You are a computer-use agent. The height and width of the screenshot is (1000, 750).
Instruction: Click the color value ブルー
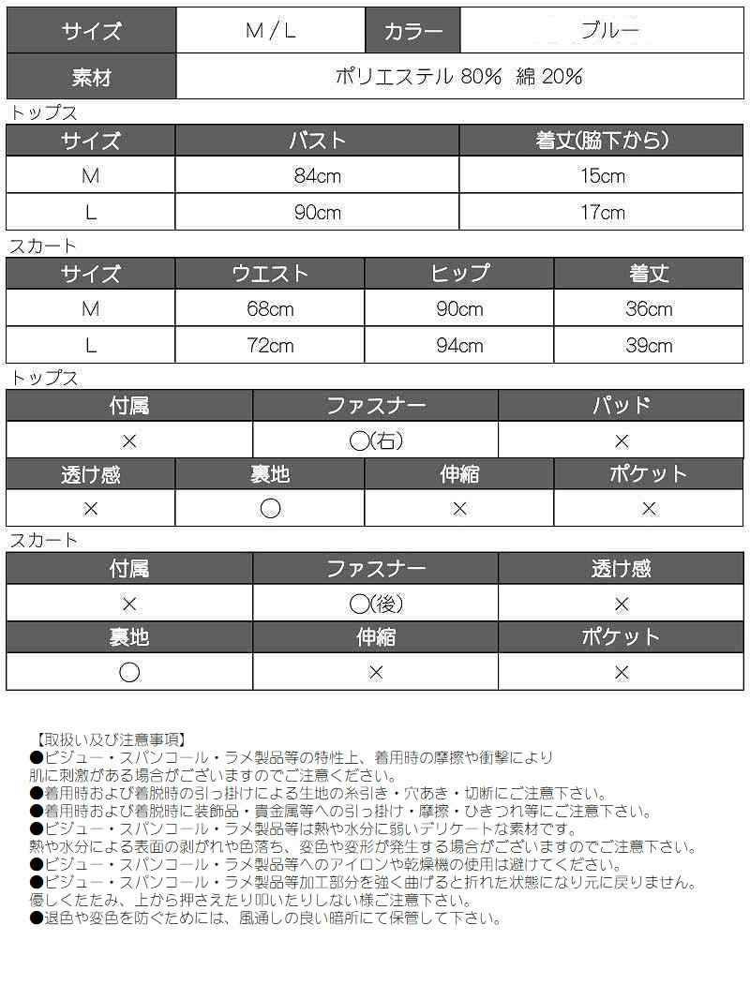(609, 30)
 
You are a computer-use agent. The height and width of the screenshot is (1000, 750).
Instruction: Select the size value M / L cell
(270, 31)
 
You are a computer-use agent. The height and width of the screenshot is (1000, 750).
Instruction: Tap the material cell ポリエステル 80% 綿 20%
(459, 77)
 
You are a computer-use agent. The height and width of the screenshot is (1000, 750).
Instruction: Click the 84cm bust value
(317, 177)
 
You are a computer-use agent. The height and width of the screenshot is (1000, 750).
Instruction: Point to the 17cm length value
(602, 213)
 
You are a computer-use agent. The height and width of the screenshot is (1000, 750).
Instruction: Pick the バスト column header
(317, 142)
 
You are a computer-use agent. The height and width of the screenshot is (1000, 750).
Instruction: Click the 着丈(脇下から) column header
(602, 142)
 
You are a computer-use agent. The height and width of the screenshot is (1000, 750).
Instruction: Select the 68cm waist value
(270, 309)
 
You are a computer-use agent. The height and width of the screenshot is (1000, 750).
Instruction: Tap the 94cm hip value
(459, 346)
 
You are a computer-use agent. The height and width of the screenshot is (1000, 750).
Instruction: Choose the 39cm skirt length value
(649, 346)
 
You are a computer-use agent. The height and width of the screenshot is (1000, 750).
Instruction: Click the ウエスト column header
(270, 274)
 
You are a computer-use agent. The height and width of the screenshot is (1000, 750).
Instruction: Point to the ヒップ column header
(459, 274)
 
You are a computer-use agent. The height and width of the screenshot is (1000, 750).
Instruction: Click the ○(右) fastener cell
(375, 441)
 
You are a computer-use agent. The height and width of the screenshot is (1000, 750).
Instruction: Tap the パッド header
(621, 406)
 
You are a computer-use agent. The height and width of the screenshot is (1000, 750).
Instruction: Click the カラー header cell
(413, 31)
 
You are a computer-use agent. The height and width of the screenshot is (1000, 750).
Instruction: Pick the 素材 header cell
(91, 77)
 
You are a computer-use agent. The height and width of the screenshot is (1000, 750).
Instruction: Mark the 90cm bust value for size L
(317, 213)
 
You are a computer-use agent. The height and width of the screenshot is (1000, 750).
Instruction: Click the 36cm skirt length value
(649, 309)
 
